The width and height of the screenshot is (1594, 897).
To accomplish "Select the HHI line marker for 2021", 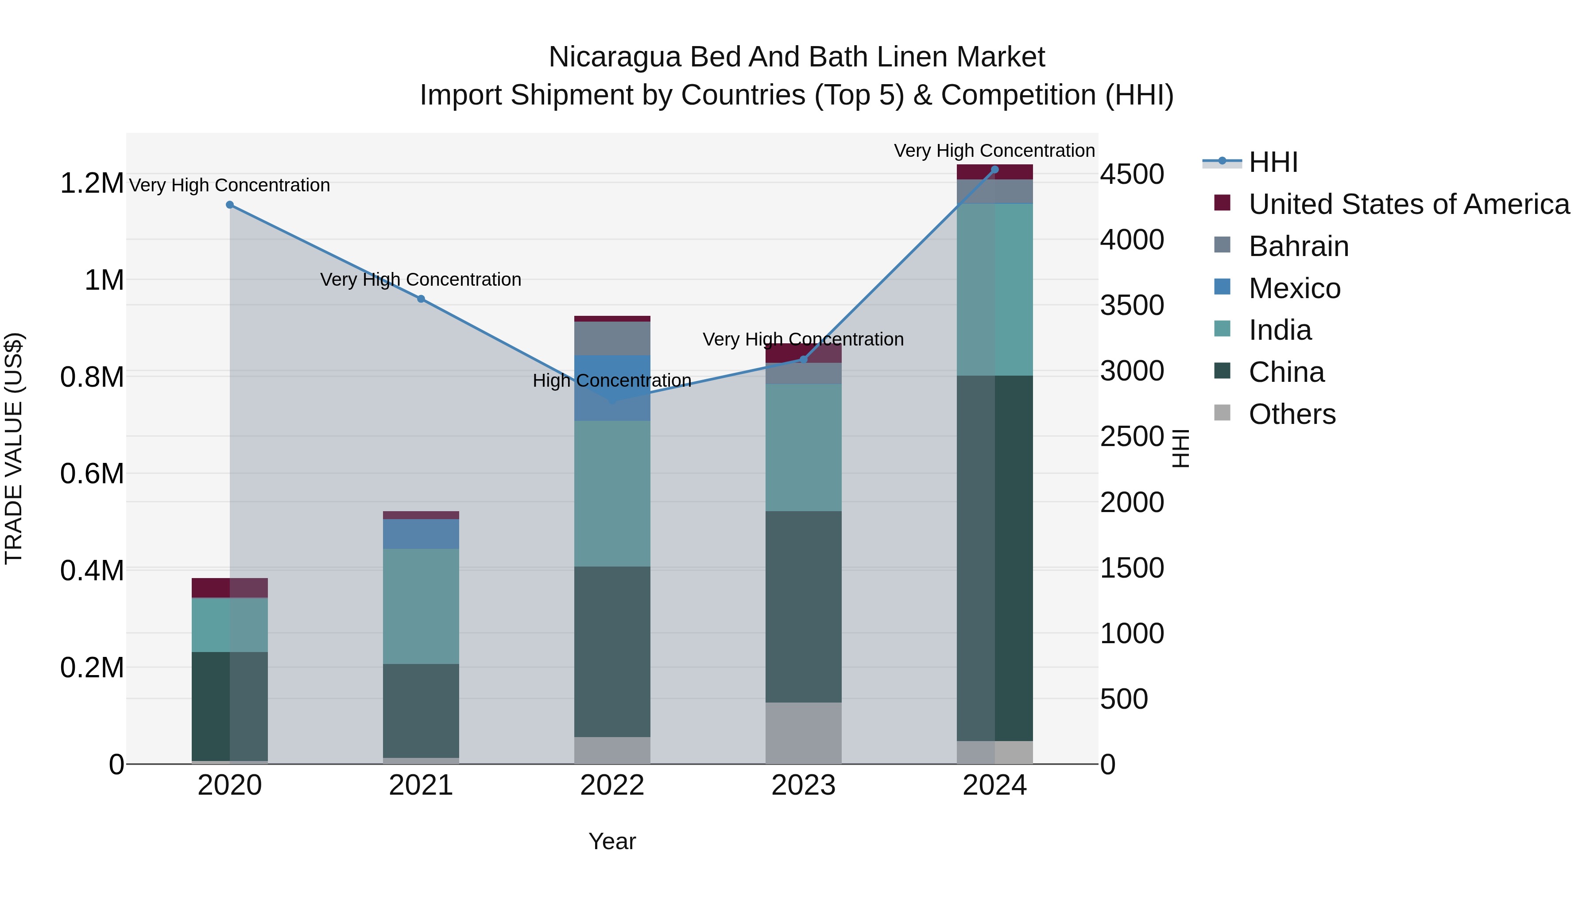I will pos(421,299).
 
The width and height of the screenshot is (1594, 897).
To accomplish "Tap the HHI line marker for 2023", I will pos(803,360).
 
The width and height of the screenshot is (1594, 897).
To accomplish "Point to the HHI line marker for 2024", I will pos(994,170).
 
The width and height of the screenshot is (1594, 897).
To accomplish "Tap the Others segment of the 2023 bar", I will pos(803,733).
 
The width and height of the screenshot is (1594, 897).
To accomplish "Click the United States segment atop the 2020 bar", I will pos(229,587).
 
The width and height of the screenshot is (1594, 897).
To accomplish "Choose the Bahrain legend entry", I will pos(1298,246).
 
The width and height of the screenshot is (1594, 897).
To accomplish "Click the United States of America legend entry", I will pos(1408,204).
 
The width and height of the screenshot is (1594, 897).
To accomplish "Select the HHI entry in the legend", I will pos(1273,162).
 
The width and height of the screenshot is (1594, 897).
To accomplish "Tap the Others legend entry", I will pos(1292,414).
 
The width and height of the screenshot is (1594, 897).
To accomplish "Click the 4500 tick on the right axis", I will pos(1132,174).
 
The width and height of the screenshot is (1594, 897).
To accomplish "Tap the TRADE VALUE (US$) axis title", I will pos(14,448).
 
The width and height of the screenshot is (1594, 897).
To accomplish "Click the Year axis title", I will pos(612,841).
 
